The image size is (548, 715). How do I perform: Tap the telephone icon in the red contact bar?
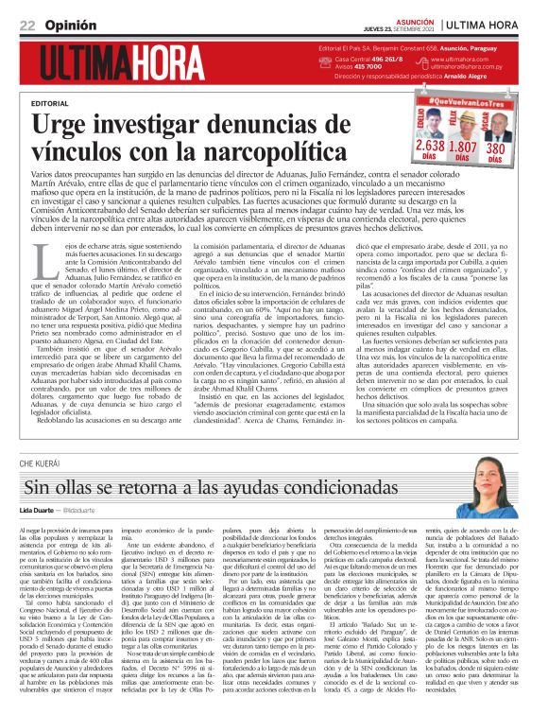tap(327, 59)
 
